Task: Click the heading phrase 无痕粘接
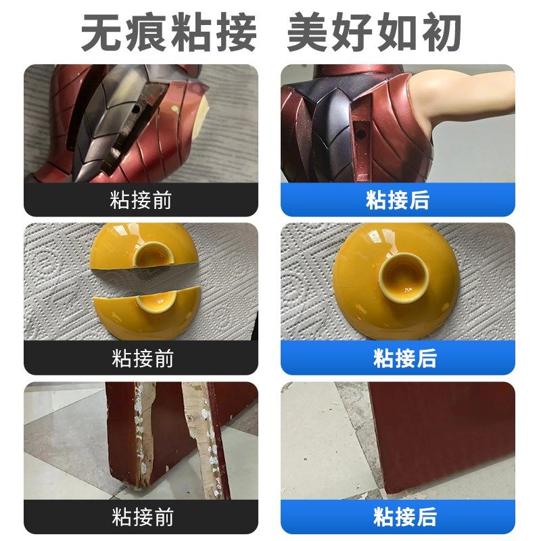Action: pyautogui.click(x=169, y=32)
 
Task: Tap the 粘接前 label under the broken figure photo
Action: pyautogui.click(x=141, y=200)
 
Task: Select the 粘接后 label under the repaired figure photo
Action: pyautogui.click(x=398, y=200)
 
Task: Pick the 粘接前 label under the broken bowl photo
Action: pyautogui.click(x=141, y=358)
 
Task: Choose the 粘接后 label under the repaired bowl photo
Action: pyautogui.click(x=398, y=358)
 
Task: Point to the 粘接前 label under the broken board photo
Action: pyautogui.click(x=141, y=517)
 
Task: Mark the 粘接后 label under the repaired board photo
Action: pyautogui.click(x=398, y=517)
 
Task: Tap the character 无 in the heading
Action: pyautogui.click(x=101, y=32)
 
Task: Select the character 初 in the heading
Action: pyautogui.click(x=443, y=32)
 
